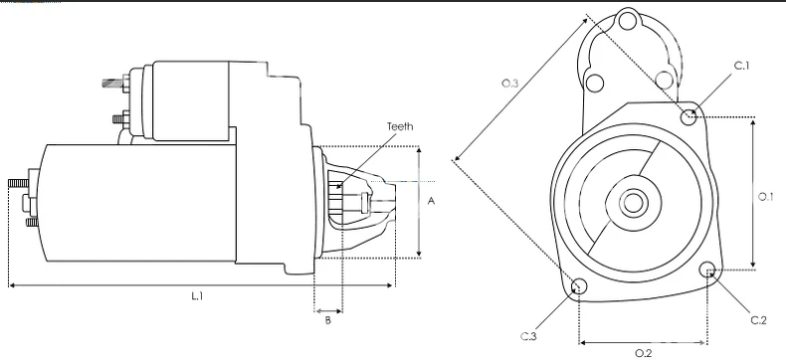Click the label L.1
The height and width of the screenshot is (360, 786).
point(197,296)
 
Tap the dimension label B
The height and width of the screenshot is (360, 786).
point(328,320)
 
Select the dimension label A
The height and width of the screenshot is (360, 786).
point(431,201)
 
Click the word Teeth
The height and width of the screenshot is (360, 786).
point(400,126)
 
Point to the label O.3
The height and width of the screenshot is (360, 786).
point(509,84)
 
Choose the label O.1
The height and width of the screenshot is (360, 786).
point(765,197)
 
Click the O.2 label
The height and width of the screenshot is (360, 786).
point(643,353)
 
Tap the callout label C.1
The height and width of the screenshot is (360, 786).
point(741,66)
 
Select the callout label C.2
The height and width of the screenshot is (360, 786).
point(758,320)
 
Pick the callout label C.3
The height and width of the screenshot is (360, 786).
point(528,336)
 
